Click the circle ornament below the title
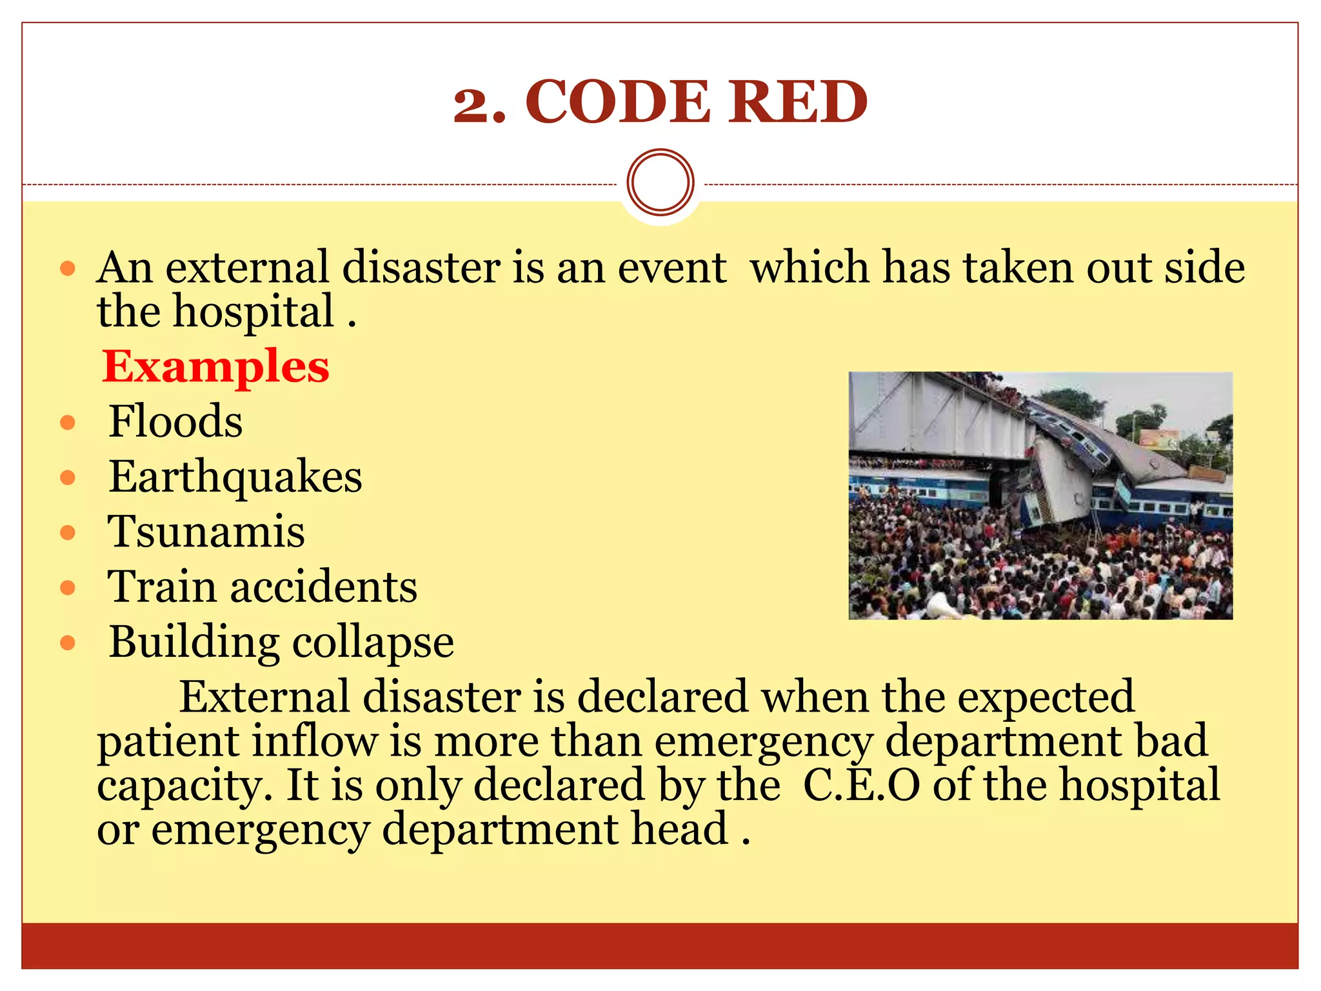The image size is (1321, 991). pos(660,182)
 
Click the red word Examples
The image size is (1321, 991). pos(215,366)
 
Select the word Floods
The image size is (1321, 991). pos(175,421)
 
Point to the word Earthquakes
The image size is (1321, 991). pos(235,477)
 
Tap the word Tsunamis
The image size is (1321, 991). pos(206,532)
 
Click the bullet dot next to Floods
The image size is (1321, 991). pos(68,423)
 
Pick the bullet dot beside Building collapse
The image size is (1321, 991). pos(68,643)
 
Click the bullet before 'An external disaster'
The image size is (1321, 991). pos(68,268)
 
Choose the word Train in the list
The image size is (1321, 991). pos(162,587)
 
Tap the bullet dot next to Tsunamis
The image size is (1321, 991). pos(68,533)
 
